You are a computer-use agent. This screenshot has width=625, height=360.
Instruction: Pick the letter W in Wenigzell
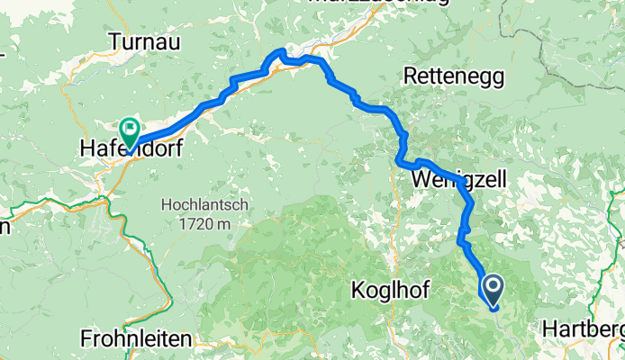421,180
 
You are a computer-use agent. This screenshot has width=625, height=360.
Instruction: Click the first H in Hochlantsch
167,204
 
